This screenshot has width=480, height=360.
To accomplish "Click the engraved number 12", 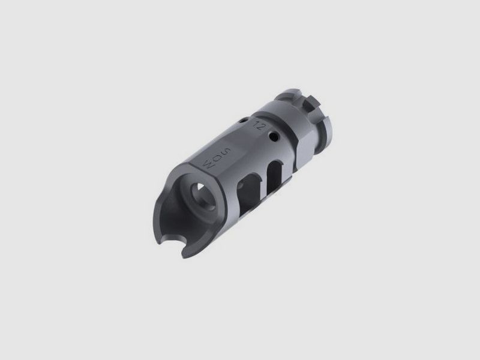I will [x=260, y=127].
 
